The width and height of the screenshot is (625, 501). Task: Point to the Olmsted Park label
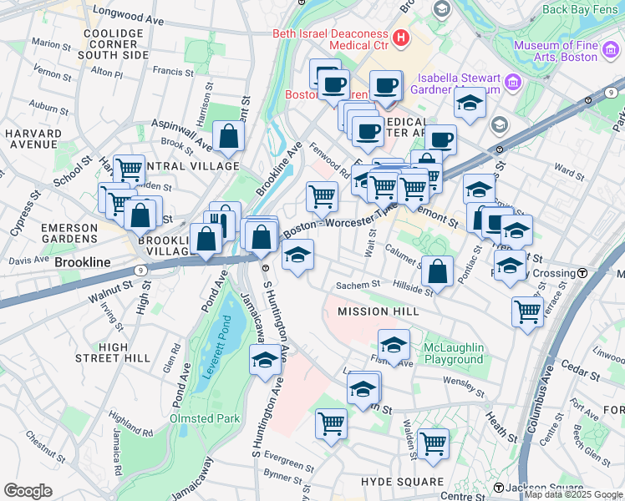coord(205,418)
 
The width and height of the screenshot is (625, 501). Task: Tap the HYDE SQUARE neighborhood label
coord(402,482)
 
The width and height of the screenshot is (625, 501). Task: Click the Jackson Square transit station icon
coord(498,488)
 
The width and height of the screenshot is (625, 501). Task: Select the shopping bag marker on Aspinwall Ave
coord(228,138)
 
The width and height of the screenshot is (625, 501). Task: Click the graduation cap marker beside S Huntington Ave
coord(265,361)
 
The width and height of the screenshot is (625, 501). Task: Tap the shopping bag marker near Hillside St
coord(437,271)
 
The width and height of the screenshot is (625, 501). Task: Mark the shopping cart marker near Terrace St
coord(527,312)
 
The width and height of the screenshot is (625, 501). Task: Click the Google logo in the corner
coord(28,491)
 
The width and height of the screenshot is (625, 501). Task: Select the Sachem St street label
coord(358,286)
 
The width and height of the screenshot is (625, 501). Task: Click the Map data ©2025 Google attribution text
coord(573,495)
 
